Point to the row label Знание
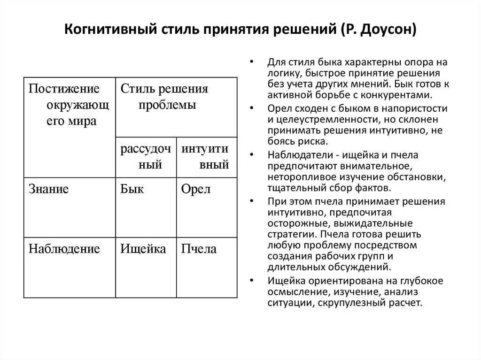49,190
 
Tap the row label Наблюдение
64,249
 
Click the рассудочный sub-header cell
146,157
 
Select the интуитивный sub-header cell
206,157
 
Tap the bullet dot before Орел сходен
253,108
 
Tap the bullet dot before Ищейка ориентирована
253,281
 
